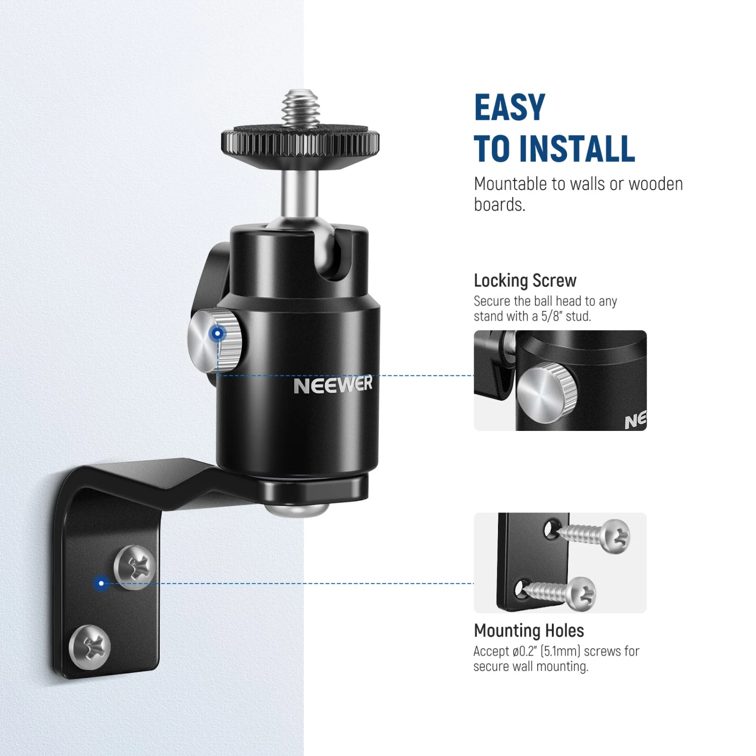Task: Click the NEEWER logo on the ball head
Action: pyautogui.click(x=333, y=385)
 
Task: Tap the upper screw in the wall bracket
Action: pyautogui.click(x=135, y=567)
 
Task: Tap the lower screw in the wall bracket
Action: pyautogui.click(x=90, y=647)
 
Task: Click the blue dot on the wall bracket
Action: pyautogui.click(x=101, y=583)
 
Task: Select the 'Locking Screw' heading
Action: pyautogui.click(x=525, y=280)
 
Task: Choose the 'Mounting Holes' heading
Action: pyautogui.click(x=529, y=631)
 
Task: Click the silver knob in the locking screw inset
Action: pyautogui.click(x=547, y=393)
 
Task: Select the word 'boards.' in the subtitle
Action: pyautogui.click(x=499, y=205)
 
